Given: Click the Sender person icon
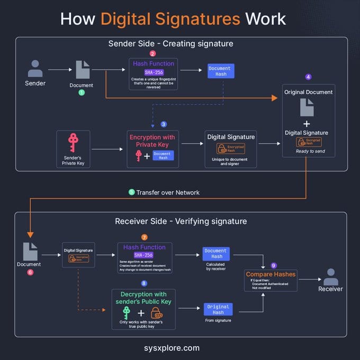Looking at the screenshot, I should pyautogui.click(x=35, y=68).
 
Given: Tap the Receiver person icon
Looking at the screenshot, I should pyautogui.click(x=331, y=277).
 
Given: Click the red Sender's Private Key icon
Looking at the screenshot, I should pyautogui.click(x=73, y=143).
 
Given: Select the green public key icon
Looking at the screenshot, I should pyautogui.click(x=127, y=312).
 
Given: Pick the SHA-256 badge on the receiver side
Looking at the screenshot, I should pyautogui.click(x=143, y=255).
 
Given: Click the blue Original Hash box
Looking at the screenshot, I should pyautogui.click(x=218, y=309).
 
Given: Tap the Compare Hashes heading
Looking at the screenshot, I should pyautogui.click(x=271, y=274).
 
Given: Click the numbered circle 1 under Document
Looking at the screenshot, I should pyautogui.click(x=82, y=92).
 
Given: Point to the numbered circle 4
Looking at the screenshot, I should pyautogui.click(x=309, y=77).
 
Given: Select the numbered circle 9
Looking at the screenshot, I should pyautogui.click(x=274, y=265).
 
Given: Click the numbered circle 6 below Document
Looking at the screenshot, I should pyautogui.click(x=30, y=272).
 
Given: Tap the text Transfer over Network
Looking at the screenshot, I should pyautogui.click(x=168, y=192).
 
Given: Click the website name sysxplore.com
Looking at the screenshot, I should pyautogui.click(x=179, y=348).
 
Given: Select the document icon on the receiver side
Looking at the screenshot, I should pyautogui.click(x=30, y=251).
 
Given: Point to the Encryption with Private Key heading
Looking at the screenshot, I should pyautogui.click(x=152, y=141).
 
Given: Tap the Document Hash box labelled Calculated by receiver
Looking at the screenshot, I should pyautogui.click(x=215, y=254).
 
